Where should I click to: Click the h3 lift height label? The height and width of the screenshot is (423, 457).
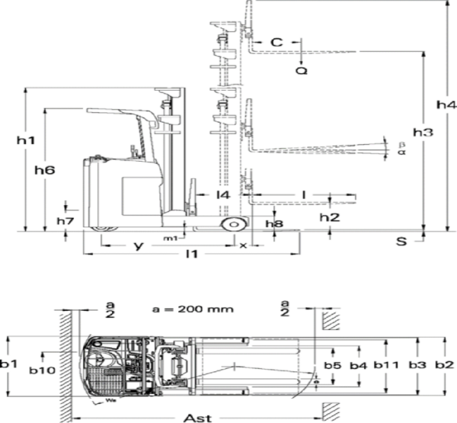tap(423, 132)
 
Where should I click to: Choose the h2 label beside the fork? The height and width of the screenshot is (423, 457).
tap(329, 217)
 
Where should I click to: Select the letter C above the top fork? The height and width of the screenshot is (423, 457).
tap(277, 43)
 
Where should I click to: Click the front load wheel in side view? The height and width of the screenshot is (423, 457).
tap(232, 226)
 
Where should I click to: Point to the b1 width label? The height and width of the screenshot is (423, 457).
tap(9, 364)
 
